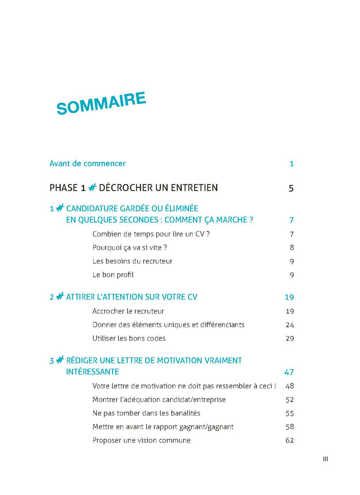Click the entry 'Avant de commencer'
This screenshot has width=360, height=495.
(x=87, y=164)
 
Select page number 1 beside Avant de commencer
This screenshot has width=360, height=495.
(x=292, y=164)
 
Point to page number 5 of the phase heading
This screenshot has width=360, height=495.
(x=291, y=188)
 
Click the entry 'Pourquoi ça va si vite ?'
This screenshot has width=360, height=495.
(x=130, y=247)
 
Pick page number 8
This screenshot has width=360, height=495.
(x=292, y=247)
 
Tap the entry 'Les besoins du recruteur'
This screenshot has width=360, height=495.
(x=132, y=261)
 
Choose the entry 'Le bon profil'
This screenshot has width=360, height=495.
(x=113, y=275)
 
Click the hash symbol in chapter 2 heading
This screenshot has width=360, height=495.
(x=60, y=297)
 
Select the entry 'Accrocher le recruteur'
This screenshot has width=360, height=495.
(x=128, y=311)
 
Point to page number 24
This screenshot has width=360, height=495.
(x=290, y=325)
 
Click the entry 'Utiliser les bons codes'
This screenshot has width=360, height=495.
(x=129, y=338)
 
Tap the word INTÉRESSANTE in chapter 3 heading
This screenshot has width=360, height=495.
(x=93, y=372)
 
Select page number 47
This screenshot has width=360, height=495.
(x=289, y=372)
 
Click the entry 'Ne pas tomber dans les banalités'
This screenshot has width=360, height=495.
(x=146, y=413)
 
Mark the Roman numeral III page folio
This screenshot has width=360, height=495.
(x=326, y=459)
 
